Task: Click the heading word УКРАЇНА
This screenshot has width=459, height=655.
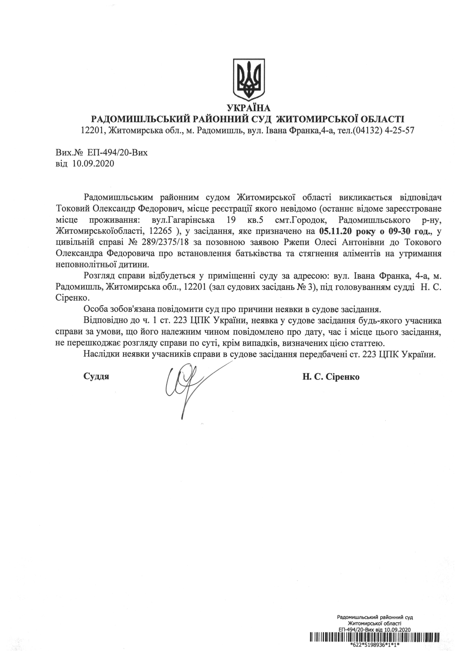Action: coord(249,108)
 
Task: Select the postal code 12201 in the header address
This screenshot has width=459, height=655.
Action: coord(90,131)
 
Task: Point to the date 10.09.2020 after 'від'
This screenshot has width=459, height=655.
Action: coord(93,164)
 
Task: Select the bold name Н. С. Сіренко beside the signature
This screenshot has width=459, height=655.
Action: coord(331,377)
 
